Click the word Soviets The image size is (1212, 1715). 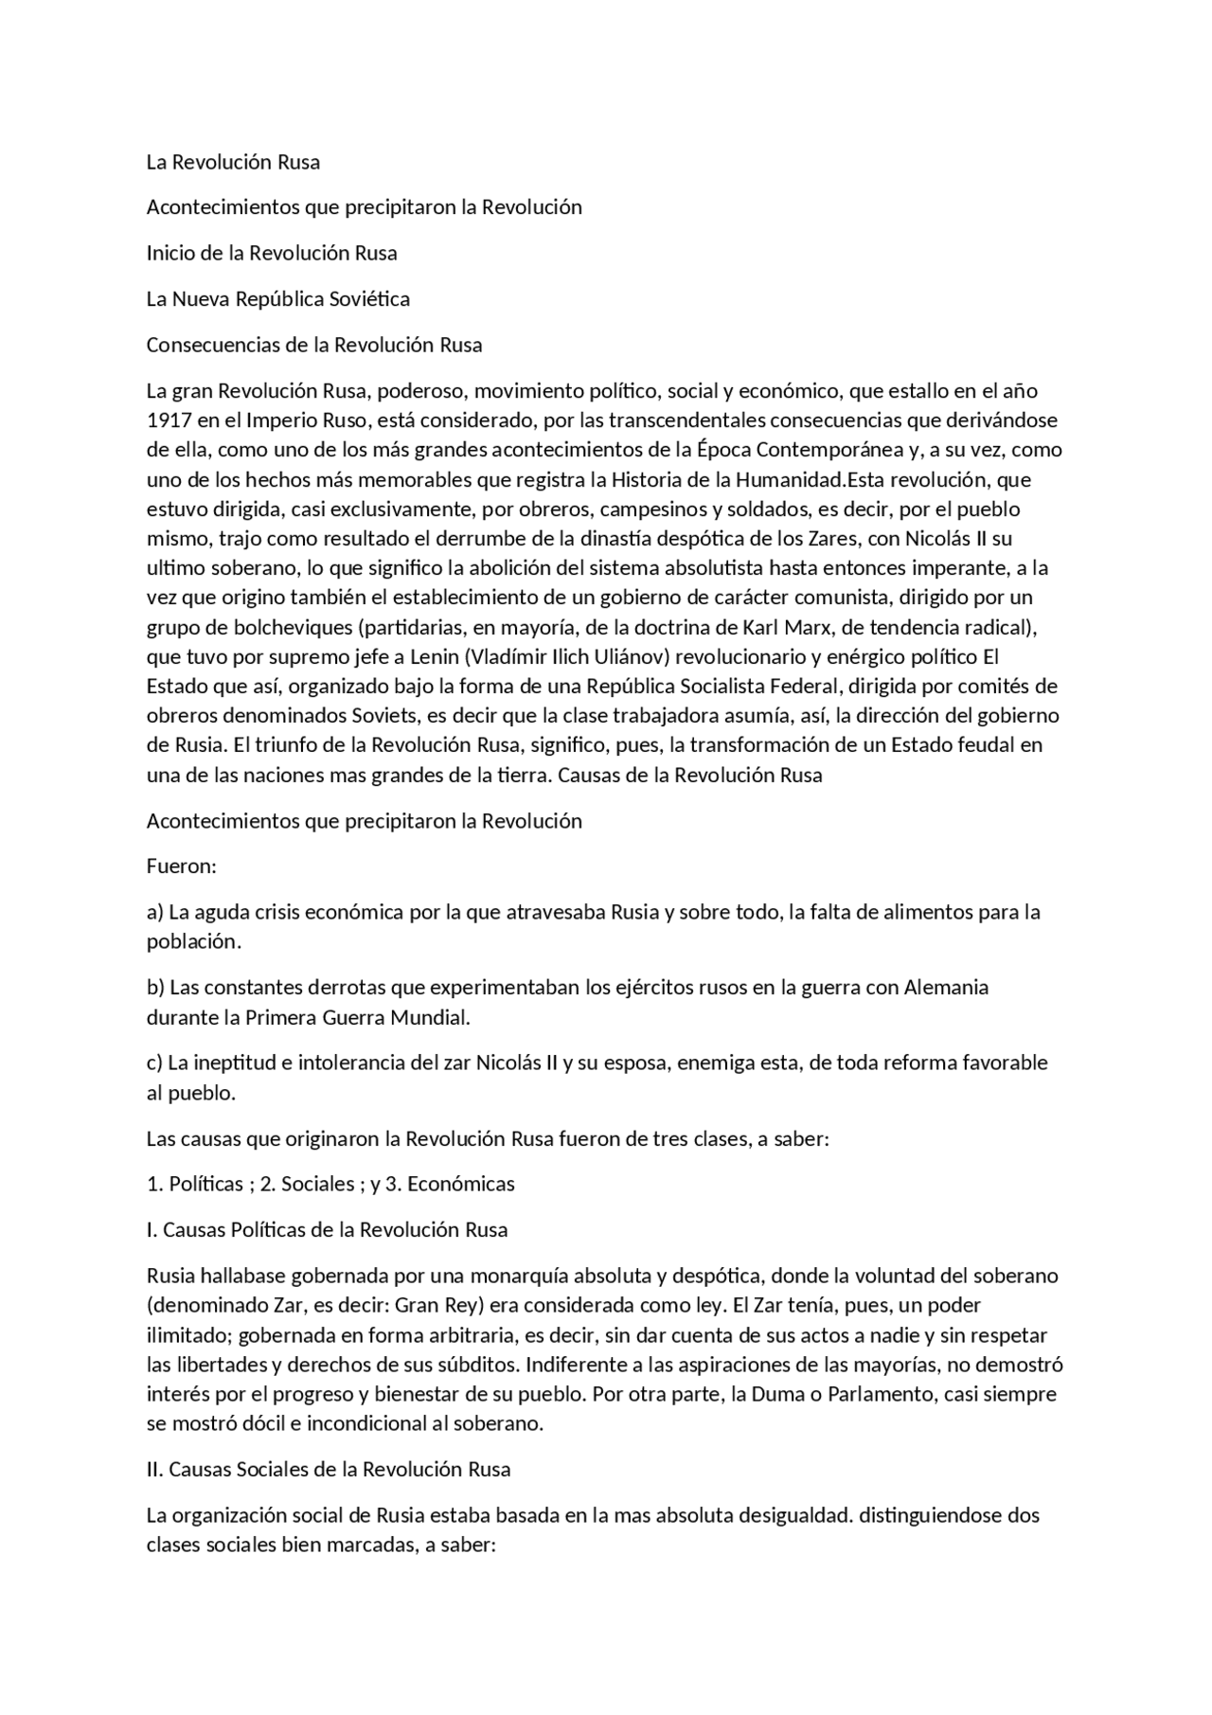click(x=336, y=716)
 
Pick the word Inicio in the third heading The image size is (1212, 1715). click(x=169, y=253)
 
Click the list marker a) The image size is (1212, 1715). click(x=155, y=913)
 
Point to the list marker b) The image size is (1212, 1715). click(x=155, y=988)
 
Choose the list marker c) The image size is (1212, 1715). click(x=154, y=1063)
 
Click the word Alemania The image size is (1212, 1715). click(x=946, y=988)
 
